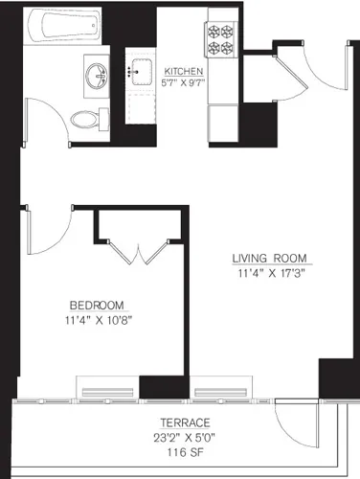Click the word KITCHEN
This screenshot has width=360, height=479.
[x=182, y=71]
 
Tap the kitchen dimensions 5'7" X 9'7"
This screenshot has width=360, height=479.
[x=182, y=83]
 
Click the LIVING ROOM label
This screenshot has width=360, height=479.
[x=268, y=257]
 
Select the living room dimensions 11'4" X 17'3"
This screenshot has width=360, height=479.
[x=268, y=272]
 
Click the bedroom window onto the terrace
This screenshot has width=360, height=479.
[x=107, y=391]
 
